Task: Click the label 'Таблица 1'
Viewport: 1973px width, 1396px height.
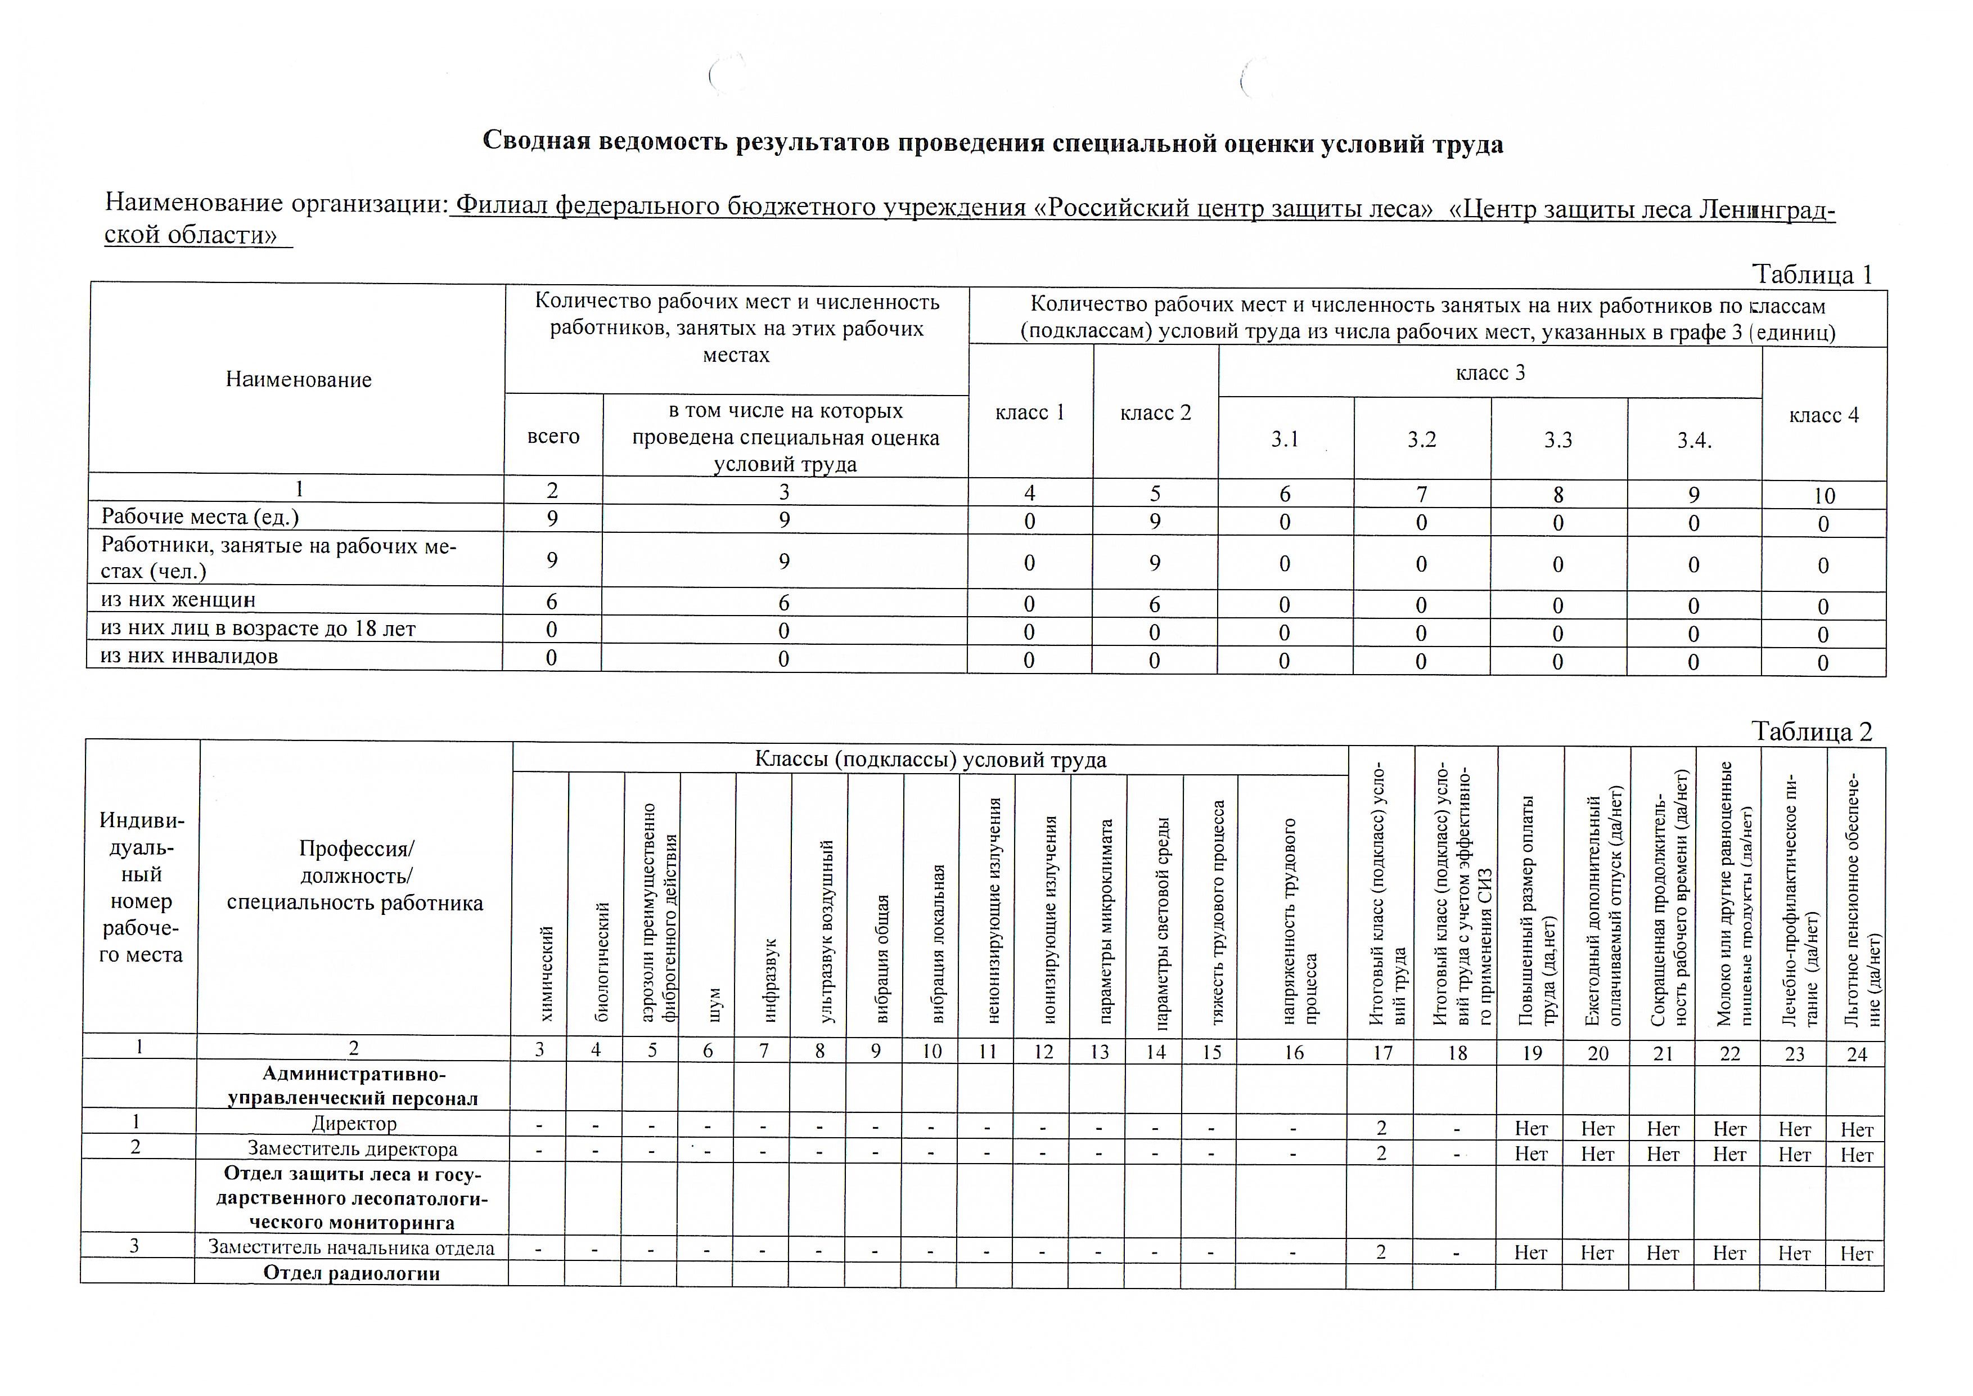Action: [x=1812, y=275]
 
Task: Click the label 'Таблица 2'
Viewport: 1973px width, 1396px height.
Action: [x=1812, y=733]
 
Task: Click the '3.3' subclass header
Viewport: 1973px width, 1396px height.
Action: [x=1558, y=440]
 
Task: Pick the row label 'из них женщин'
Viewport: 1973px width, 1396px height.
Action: [x=178, y=600]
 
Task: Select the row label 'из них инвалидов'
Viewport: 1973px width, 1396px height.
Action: [x=189, y=657]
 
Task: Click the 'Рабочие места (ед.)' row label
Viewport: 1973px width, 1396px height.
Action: [x=200, y=517]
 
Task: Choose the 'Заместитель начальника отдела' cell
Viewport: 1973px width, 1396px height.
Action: [x=352, y=1248]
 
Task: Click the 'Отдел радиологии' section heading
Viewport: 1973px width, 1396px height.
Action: [x=352, y=1273]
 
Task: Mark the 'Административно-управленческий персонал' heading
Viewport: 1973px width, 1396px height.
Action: [x=353, y=1085]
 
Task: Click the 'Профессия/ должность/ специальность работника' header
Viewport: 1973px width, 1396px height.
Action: [x=355, y=876]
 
